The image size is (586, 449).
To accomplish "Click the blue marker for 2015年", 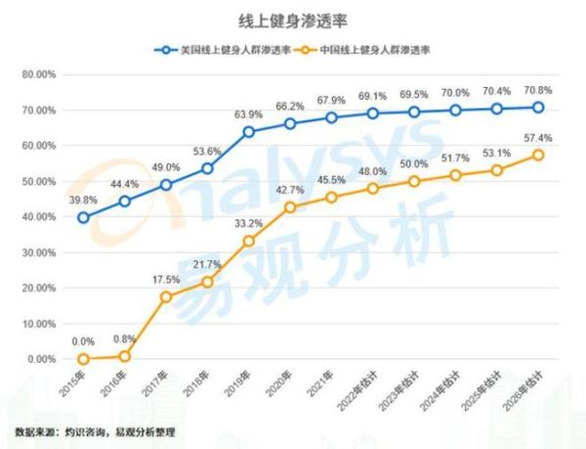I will [83, 217].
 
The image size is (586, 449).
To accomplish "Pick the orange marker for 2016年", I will [125, 356].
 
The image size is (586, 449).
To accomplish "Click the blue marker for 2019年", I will [249, 131].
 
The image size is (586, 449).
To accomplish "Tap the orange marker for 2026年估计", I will [538, 155].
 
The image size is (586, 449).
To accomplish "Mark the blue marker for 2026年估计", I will [538, 108].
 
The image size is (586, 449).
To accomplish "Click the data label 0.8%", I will [125, 337].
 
